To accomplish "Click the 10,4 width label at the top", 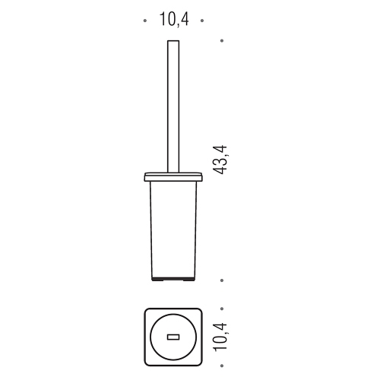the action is pyautogui.click(x=174, y=20).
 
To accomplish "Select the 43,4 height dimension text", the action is pyautogui.click(x=220, y=160).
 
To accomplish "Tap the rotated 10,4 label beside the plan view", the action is pyautogui.click(x=220, y=337).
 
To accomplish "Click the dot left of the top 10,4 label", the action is pyautogui.click(x=145, y=21).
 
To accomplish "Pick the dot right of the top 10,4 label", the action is pyautogui.click(x=202, y=21).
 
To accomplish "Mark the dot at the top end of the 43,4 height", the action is pyautogui.click(x=222, y=40).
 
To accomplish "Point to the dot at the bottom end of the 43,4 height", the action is pyautogui.click(x=222, y=280).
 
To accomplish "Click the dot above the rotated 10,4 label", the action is pyautogui.click(x=222, y=309).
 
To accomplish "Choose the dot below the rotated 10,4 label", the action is pyautogui.click(x=222, y=366).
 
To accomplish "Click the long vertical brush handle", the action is pyautogui.click(x=173, y=106).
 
